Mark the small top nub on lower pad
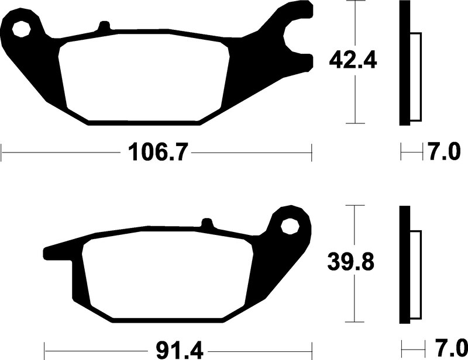click(206, 223)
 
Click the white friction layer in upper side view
click(416, 76)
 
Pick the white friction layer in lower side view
click(416, 275)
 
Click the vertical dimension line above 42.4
click(355, 23)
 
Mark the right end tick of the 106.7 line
click(312, 154)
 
